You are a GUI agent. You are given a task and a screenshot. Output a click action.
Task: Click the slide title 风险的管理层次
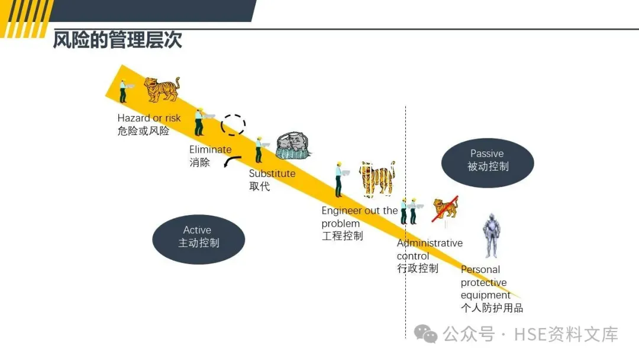[x=117, y=40]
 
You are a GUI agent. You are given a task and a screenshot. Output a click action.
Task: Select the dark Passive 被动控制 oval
[x=488, y=160]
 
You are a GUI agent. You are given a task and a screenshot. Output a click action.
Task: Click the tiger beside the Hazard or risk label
[x=161, y=89]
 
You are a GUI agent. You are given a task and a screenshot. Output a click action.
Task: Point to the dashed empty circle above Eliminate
[x=233, y=125]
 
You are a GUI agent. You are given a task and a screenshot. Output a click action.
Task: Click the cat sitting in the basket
[x=292, y=146]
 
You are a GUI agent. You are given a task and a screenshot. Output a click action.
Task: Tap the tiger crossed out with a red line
[x=445, y=210]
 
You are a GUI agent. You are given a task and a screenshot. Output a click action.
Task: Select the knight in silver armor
[x=490, y=236]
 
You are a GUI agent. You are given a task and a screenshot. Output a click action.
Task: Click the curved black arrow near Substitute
[x=232, y=162]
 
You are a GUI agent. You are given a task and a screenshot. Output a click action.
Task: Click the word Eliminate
[x=210, y=149]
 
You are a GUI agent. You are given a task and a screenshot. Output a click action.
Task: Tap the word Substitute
[x=272, y=173]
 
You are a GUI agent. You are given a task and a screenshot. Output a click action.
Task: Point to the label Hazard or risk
[x=149, y=118]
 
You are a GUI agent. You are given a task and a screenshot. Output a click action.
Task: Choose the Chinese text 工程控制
[x=342, y=236]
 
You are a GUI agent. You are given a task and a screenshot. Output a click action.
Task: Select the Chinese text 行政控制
[x=418, y=268]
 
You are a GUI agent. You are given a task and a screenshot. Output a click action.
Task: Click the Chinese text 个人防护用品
[x=492, y=308]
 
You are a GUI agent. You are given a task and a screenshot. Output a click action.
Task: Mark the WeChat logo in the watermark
[x=426, y=334]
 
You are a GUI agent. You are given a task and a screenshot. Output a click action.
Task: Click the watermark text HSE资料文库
[x=566, y=335]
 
